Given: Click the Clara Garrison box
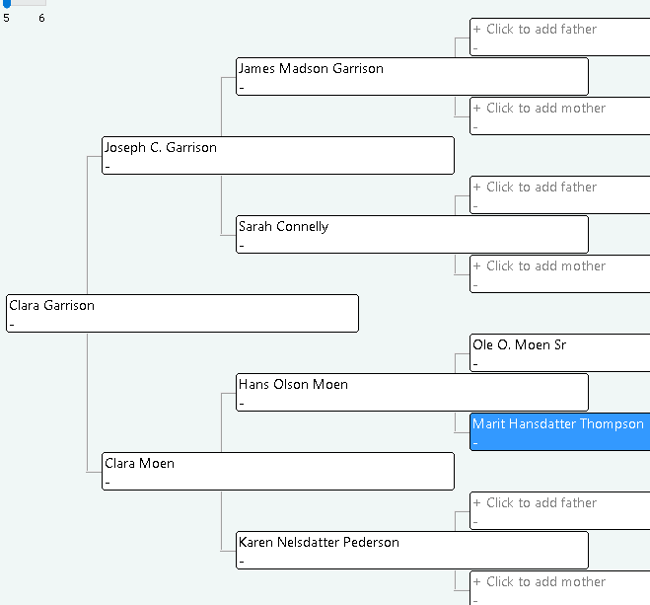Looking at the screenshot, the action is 182,314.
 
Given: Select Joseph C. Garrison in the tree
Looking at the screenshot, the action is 278,156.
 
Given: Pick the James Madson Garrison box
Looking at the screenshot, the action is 412,77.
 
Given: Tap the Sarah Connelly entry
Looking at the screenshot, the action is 412,234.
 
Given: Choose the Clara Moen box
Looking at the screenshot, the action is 278,472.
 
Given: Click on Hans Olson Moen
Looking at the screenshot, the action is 412,392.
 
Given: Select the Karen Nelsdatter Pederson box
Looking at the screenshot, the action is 412,551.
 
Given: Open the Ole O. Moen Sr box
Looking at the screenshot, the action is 559,353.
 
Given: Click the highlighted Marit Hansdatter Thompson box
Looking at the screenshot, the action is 559,431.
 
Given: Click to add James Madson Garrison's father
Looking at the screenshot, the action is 559,37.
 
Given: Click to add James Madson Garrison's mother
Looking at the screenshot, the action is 559,116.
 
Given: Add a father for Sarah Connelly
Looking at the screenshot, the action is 559,194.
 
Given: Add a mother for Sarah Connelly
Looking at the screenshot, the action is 559,273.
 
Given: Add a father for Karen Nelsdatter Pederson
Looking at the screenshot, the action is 559,511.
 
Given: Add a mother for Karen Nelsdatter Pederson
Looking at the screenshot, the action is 559,588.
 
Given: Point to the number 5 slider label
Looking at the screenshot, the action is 6,18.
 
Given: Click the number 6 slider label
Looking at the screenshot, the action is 41,18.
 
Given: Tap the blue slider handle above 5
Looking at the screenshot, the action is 7,3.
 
